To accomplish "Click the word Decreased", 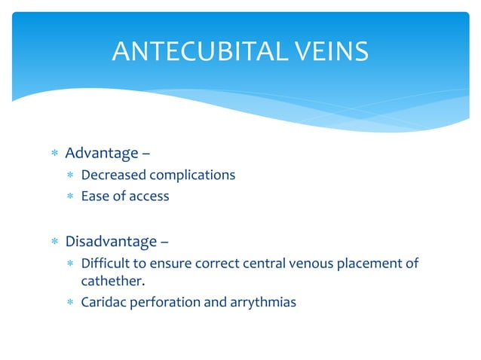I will (112, 175).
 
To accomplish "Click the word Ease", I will (94, 197).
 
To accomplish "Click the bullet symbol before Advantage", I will (54, 154).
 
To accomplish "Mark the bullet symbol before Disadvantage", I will (54, 243).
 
